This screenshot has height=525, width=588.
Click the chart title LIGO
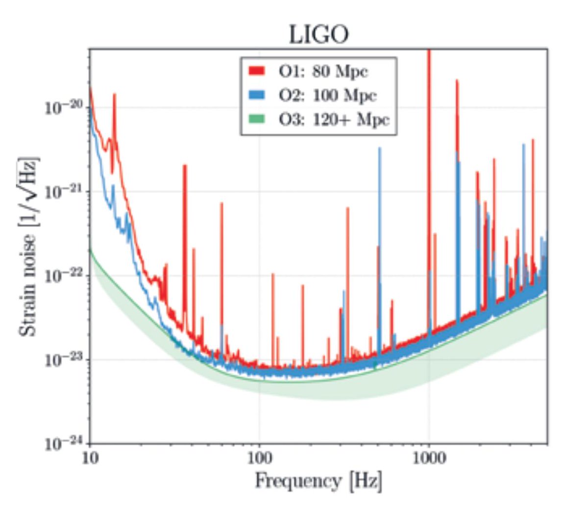[318, 34]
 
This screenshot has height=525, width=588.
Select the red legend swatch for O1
[257, 71]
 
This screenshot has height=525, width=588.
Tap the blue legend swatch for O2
[257, 95]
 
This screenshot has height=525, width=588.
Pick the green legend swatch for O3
[257, 119]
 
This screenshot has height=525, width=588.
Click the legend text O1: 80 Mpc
[323, 71]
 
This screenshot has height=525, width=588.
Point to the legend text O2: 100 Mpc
[328, 95]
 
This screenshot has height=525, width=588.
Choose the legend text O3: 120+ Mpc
[334, 119]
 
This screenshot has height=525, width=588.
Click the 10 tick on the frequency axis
[90, 458]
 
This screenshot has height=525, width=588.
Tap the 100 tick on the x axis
[259, 458]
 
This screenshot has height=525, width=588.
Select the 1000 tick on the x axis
[429, 458]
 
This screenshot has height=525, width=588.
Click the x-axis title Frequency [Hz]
[318, 480]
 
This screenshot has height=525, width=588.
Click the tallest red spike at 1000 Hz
[429, 147]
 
